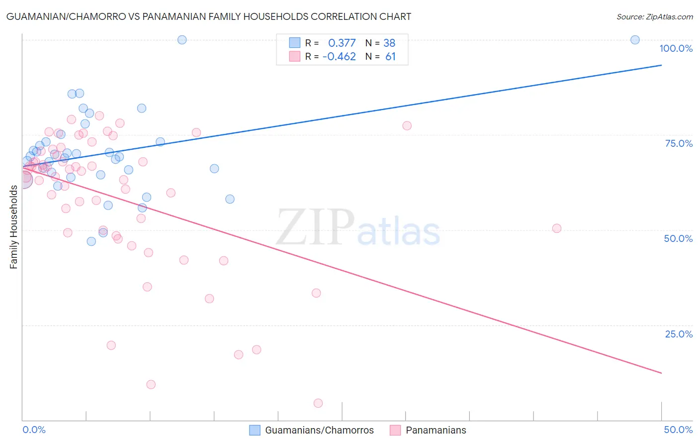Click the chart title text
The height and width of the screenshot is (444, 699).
point(209,16)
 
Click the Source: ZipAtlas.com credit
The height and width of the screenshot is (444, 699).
point(654,16)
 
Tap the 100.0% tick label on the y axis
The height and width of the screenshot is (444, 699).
point(676,48)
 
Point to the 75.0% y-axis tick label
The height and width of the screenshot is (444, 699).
point(679,143)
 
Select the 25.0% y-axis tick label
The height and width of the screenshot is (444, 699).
point(679,333)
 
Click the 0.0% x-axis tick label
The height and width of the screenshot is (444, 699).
point(34,430)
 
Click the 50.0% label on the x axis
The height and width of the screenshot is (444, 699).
point(678,430)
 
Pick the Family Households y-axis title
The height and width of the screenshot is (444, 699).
point(13,227)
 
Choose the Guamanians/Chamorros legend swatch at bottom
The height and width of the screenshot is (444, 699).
point(255,430)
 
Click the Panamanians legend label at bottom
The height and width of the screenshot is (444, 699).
point(436,430)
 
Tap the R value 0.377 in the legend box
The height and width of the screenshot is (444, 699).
point(342,43)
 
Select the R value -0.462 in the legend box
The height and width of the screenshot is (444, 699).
point(339,57)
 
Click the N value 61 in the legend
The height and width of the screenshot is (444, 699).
point(390,57)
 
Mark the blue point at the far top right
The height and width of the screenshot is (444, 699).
point(635,40)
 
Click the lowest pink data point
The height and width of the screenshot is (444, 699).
point(318,403)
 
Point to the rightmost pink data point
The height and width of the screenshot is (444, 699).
point(557,228)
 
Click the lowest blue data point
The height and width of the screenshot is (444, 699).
point(91,241)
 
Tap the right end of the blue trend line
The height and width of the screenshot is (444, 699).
point(662,65)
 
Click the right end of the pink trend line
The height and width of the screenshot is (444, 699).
point(662,373)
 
